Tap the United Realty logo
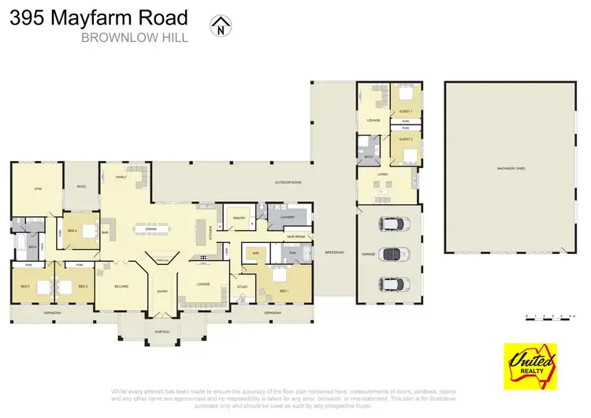(x=530, y=364)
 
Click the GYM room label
(x=37, y=189)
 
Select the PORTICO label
(x=162, y=331)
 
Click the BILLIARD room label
(x=121, y=286)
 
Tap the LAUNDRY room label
(x=287, y=217)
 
